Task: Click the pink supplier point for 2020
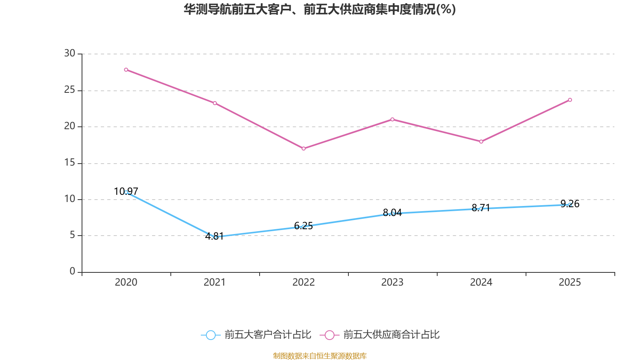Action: [126, 70]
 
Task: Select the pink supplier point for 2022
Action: [304, 149]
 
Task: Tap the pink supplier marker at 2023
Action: [392, 119]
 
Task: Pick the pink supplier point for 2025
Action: [570, 100]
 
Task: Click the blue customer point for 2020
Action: [126, 192]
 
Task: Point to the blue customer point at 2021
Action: [215, 237]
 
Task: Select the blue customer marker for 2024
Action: [481, 208]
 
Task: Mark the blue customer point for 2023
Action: [393, 214]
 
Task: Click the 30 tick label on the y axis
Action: [70, 53]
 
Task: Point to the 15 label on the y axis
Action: [70, 162]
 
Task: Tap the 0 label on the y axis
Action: [72, 272]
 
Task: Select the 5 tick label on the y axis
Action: [72, 235]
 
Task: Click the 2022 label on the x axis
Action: [304, 282]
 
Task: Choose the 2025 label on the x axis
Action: [570, 282]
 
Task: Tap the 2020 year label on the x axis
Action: [126, 282]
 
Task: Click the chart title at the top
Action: [320, 9]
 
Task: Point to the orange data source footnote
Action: [320, 356]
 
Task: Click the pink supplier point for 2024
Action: [481, 142]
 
